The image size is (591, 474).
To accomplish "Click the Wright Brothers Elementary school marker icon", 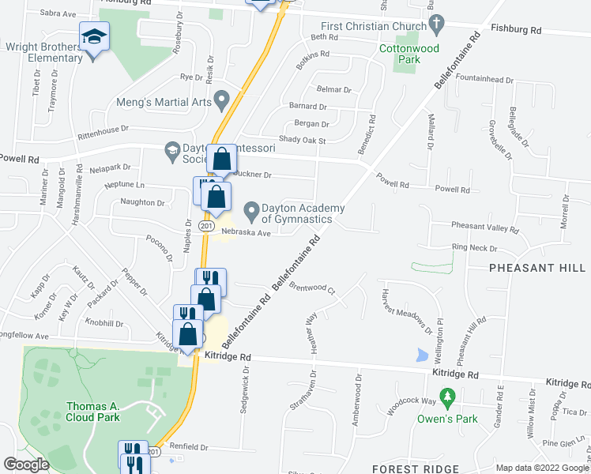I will coord(94,36).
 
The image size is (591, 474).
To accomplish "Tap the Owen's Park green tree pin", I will coord(447,394).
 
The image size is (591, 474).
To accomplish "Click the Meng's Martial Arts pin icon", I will coord(222,101).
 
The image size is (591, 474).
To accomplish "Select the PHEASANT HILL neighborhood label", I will coord(537,268).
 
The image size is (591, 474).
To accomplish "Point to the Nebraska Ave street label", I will coord(246,232).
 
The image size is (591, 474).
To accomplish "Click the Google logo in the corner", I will coord(26,465).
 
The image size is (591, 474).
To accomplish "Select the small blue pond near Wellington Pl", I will coord(420,355).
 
